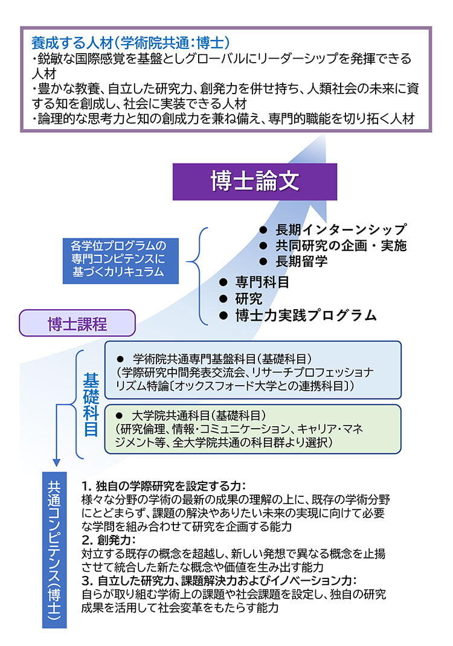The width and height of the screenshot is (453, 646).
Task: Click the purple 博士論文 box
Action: coord(255,181)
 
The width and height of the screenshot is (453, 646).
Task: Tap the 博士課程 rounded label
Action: coord(77,324)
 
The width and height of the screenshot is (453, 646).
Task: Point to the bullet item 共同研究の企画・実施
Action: coord(341,246)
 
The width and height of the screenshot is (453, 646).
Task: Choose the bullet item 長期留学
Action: coord(301,261)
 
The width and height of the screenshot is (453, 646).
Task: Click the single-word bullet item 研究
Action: coord(249,298)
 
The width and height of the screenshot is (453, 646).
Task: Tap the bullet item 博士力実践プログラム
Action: coord(306,315)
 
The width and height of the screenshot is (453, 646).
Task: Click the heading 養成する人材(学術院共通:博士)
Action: coord(130,43)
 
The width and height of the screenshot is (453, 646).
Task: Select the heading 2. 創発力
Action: coord(109,540)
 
